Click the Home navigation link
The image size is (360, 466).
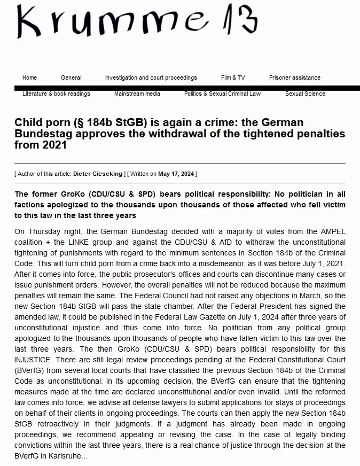[29, 77]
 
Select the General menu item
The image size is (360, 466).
[71, 77]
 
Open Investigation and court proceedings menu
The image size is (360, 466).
[151, 77]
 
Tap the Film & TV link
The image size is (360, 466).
[233, 77]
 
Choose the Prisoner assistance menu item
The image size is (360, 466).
[294, 77]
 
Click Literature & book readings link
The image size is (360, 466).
[56, 94]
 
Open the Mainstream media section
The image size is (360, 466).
[137, 94]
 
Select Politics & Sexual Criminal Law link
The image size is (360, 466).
[222, 94]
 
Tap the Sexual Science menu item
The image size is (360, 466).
[305, 94]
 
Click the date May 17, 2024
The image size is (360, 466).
[176, 174]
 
